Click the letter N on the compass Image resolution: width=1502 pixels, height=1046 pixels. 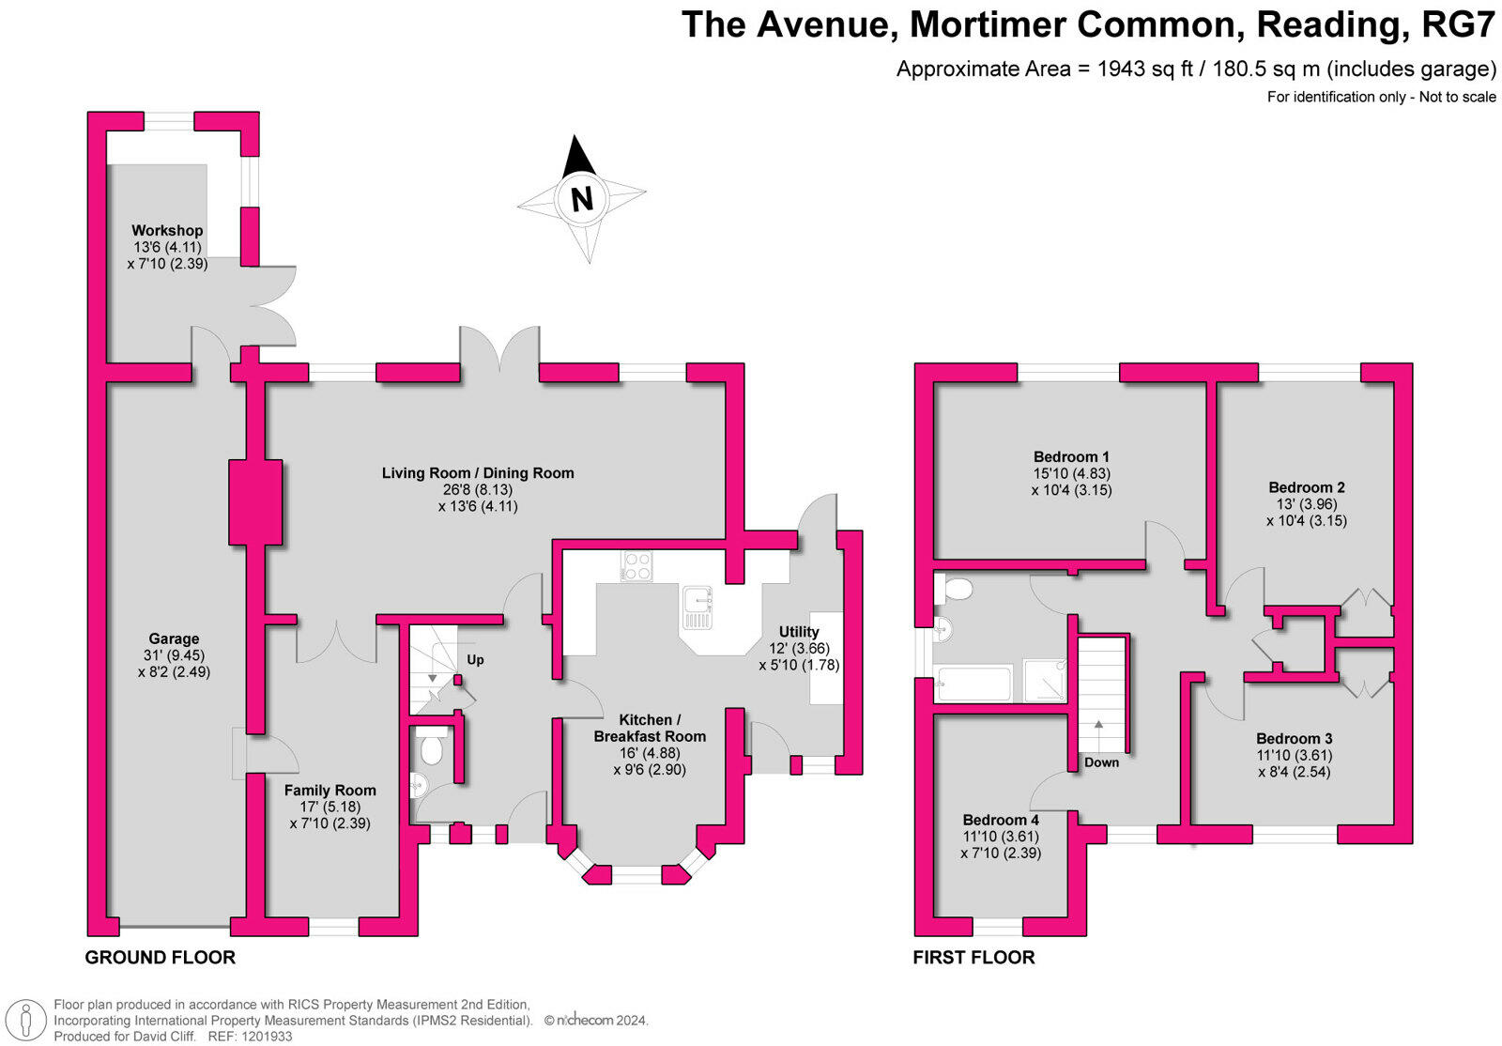[582, 199]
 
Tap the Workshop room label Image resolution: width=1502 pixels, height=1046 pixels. [167, 231]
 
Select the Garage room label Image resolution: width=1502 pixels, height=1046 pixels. [174, 639]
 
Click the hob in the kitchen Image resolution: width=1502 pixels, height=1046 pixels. [636, 566]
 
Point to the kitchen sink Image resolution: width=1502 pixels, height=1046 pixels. [697, 608]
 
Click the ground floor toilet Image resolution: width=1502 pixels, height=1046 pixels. [432, 751]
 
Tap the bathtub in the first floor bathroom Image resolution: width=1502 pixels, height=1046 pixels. [973, 684]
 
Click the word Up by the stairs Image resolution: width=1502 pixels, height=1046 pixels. [475, 660]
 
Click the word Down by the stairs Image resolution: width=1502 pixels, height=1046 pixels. [1101, 762]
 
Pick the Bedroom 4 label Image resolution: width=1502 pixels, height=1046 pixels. [1001, 821]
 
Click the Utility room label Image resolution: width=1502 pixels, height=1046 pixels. [799, 632]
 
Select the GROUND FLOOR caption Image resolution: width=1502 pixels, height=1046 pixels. [160, 958]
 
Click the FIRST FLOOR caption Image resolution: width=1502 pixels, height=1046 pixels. [973, 958]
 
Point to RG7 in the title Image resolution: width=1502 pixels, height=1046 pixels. [1458, 25]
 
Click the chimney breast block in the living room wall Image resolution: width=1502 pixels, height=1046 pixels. [255, 501]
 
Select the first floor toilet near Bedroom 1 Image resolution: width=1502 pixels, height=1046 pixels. [958, 590]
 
